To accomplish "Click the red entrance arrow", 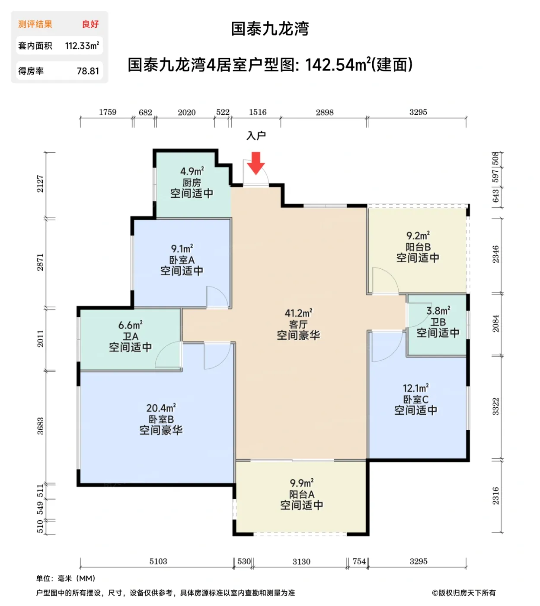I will coord(256,162).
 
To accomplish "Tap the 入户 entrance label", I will coord(256,135).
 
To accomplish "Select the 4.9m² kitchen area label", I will coord(192,171).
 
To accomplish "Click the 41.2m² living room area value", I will coord(298,313).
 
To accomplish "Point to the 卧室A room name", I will coord(182,260).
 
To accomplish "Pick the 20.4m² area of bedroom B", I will coord(161,408).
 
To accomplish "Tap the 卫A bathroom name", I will coord(131,336).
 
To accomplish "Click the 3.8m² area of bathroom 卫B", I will coord(438,311).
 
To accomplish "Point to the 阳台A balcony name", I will coord(302,494).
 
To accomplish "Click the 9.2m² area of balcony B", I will coord(418,236).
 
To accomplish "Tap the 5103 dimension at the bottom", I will coord(158,561).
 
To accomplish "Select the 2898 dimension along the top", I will coord(324,113).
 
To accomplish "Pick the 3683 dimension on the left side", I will coord(40,426).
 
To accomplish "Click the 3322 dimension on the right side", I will coord(495,406).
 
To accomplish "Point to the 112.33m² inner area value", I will coord(82,46).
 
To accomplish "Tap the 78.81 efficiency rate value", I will coord(88,71).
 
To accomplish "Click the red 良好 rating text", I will coord(90,24).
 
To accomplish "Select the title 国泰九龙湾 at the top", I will coord(270,29).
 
